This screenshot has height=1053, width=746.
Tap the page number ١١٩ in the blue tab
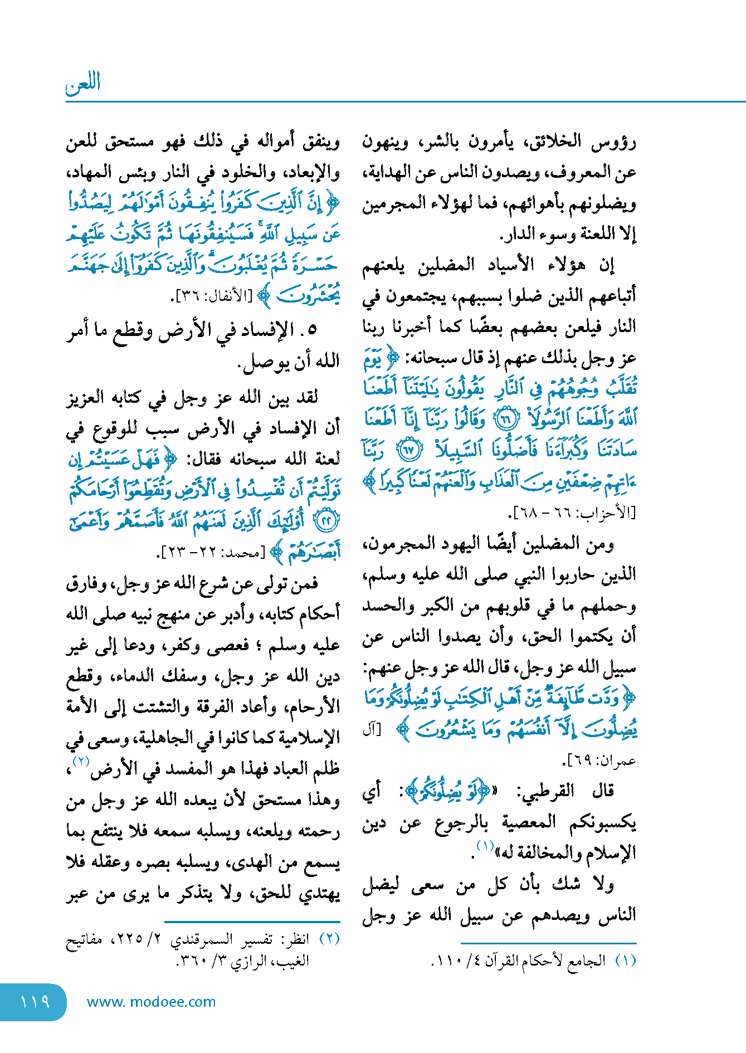point(35,1002)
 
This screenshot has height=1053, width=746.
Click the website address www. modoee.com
point(151,1002)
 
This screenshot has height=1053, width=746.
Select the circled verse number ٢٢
point(326,522)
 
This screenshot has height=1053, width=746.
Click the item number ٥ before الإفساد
point(311,330)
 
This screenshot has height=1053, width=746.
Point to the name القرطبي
point(546,791)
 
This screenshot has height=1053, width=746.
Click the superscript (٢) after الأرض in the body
point(81,762)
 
